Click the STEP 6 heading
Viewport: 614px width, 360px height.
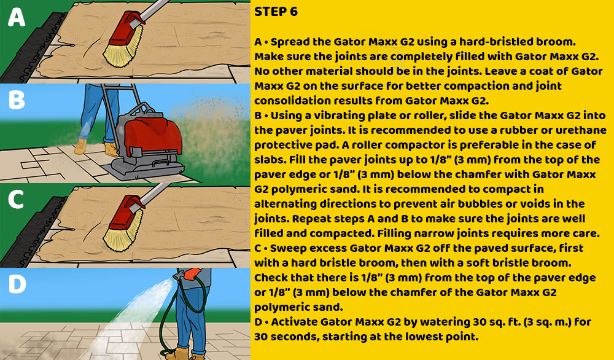276,12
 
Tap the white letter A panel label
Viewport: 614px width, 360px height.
17,17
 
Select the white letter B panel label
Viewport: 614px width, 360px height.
17,100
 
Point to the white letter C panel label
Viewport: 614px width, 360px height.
17,200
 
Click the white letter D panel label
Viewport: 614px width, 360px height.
17,284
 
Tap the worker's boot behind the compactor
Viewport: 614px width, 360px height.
111,149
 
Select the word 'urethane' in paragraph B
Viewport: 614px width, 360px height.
581,130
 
